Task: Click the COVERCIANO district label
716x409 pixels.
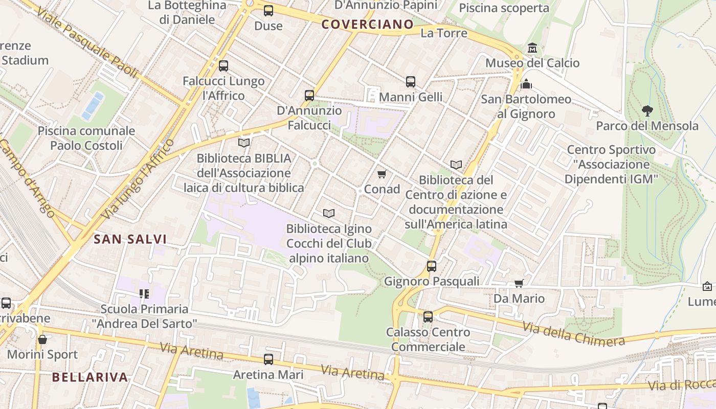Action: pyautogui.click(x=367, y=24)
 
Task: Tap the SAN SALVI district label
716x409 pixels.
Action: pyautogui.click(x=130, y=239)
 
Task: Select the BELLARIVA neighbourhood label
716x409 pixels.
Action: pyautogui.click(x=89, y=377)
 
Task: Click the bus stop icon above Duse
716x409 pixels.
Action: pyautogui.click(x=268, y=10)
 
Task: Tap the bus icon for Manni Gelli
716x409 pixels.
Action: pyautogui.click(x=411, y=82)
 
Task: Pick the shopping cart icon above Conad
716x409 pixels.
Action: pyautogui.click(x=382, y=174)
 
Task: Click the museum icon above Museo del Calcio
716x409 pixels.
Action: pyautogui.click(x=532, y=48)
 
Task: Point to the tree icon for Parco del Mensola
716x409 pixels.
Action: pyautogui.click(x=647, y=110)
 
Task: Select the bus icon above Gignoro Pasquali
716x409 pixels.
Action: pyautogui.click(x=432, y=266)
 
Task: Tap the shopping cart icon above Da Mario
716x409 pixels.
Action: pyautogui.click(x=519, y=283)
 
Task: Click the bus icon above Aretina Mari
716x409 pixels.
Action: pyautogui.click(x=268, y=359)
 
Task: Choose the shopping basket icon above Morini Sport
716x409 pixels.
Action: pyautogui.click(x=42, y=339)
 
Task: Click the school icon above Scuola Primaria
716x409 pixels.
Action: pyautogui.click(x=144, y=293)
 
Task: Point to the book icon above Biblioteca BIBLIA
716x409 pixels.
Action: pyautogui.click(x=244, y=143)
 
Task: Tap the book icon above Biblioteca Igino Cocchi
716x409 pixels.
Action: pyautogui.click(x=328, y=213)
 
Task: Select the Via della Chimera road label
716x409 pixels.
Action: pyautogui.click(x=573, y=333)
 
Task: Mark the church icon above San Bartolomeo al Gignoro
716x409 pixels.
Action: pyautogui.click(x=526, y=84)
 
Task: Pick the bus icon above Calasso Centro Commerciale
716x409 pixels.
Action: pyautogui.click(x=428, y=317)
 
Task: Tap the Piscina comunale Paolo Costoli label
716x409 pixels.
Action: pyautogui.click(x=86, y=138)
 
